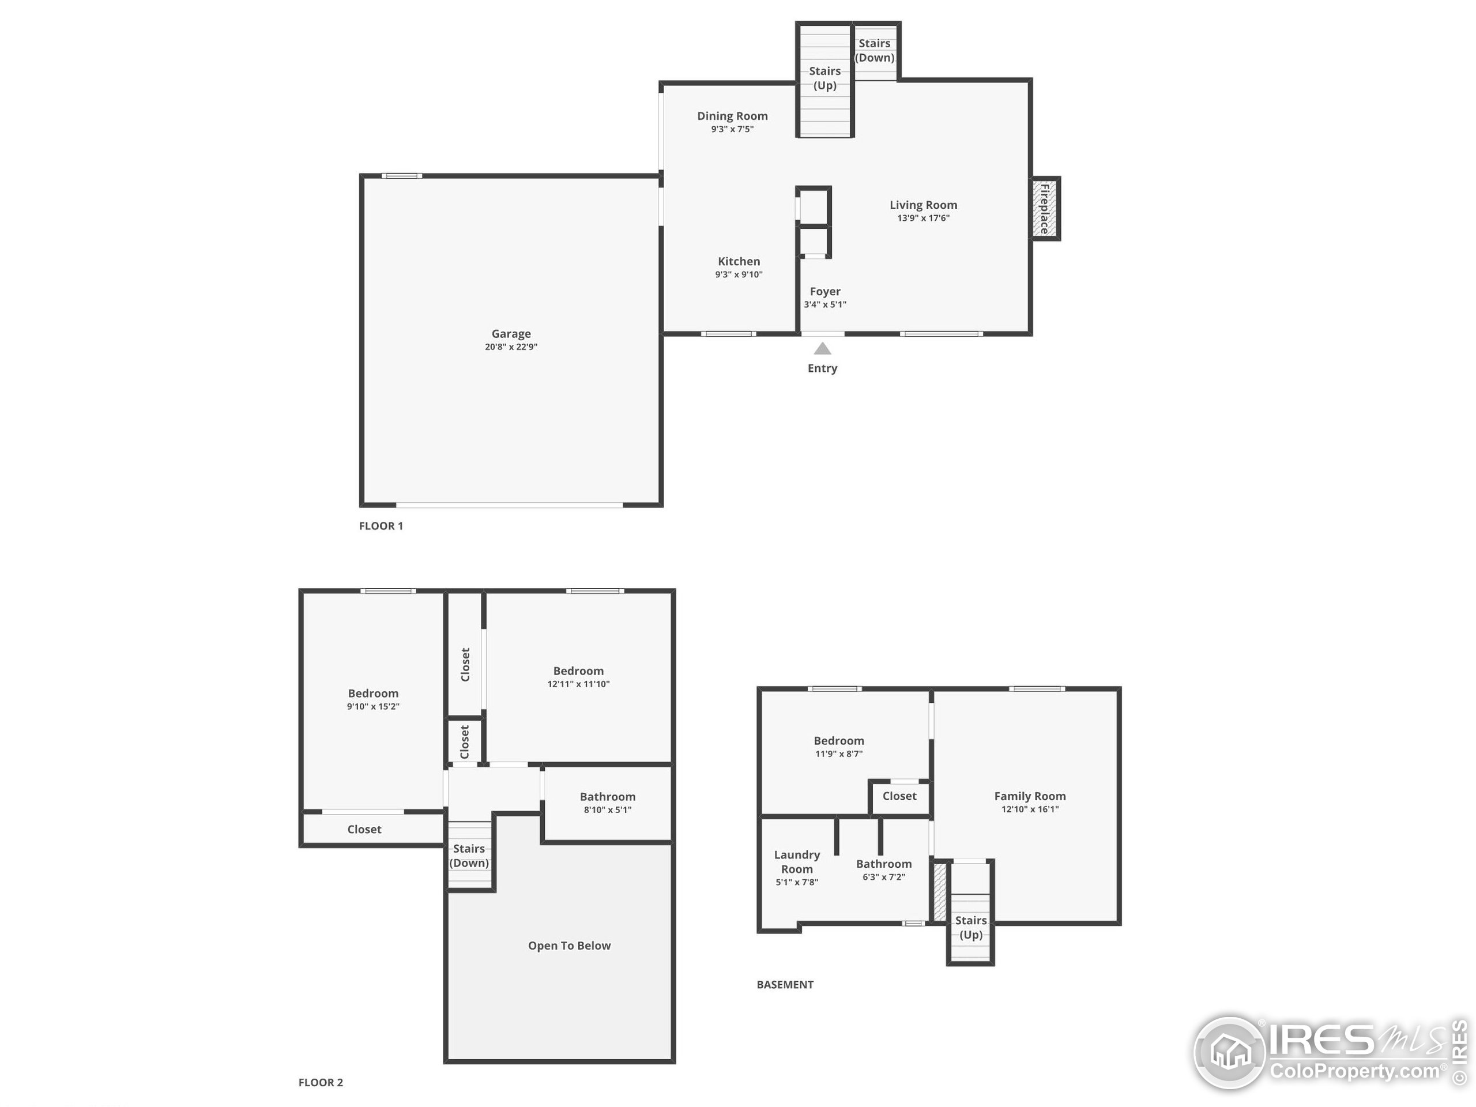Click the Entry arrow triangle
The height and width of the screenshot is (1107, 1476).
click(x=822, y=348)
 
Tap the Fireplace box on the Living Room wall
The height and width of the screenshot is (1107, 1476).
click(x=1045, y=209)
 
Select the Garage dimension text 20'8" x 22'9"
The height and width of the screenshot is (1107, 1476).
click(x=511, y=347)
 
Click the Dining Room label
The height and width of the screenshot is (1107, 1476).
click(x=732, y=116)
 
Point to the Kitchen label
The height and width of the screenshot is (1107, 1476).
click(x=739, y=262)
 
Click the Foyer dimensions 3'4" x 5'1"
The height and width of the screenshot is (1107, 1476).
click(x=824, y=304)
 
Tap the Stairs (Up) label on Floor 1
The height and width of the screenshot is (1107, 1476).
click(x=824, y=78)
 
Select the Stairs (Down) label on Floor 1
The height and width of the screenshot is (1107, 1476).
click(x=874, y=51)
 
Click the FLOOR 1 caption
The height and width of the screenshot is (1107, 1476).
click(x=381, y=526)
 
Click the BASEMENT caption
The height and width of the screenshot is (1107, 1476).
click(x=785, y=984)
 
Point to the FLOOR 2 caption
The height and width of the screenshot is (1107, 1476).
click(x=321, y=1082)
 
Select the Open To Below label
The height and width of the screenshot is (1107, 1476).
click(x=569, y=946)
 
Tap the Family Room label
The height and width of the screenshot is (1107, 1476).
click(x=1030, y=796)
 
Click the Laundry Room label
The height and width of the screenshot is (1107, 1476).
click(x=797, y=862)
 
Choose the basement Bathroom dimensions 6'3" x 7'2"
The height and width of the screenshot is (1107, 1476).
click(x=883, y=877)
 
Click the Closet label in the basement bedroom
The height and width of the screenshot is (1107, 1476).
click(x=899, y=796)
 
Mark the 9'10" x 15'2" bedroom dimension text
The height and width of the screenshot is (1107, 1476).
click(x=373, y=707)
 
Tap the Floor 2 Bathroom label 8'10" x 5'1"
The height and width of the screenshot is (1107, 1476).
click(x=607, y=797)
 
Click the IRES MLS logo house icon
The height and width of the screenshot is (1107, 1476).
click(x=1230, y=1052)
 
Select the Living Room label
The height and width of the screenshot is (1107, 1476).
click(x=923, y=205)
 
